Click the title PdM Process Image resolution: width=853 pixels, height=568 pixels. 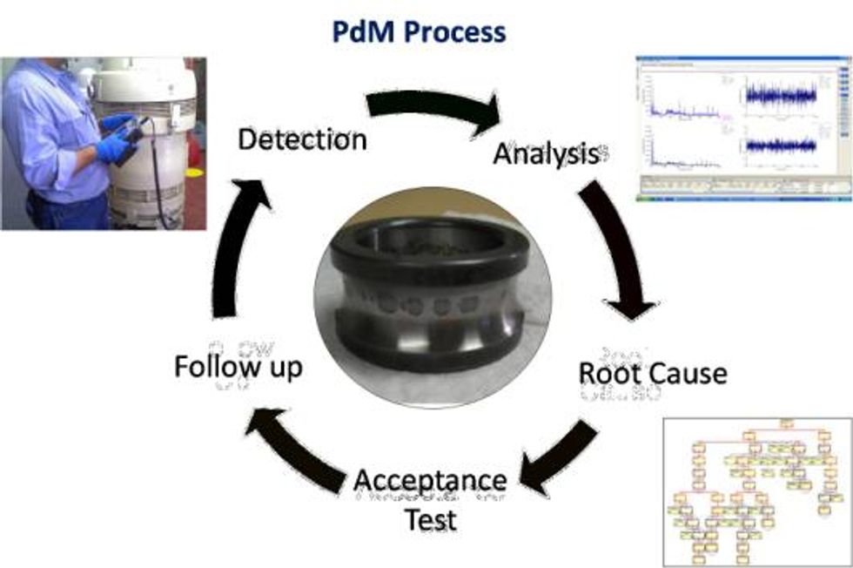[x=419, y=32]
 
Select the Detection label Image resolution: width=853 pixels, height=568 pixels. [x=302, y=139]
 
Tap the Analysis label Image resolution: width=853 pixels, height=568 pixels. [x=546, y=154]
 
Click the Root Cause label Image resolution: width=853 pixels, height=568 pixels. [x=653, y=373]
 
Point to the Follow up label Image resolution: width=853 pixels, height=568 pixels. [x=238, y=367]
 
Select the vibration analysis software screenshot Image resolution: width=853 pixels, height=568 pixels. [x=742, y=129]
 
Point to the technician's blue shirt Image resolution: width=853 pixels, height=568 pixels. [x=52, y=131]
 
